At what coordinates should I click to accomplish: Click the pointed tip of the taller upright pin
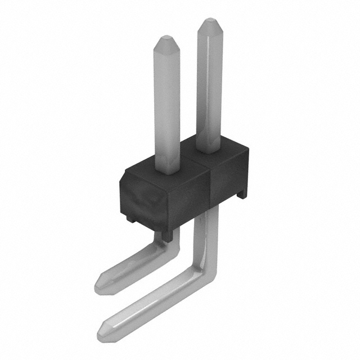tap(208, 22)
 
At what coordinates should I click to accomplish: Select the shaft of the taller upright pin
tap(208, 84)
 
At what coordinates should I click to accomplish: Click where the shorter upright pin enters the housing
tap(168, 169)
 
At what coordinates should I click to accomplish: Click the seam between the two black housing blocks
tap(210, 180)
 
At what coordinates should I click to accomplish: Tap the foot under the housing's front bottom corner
tap(165, 236)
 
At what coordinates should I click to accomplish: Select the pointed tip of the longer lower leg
tap(103, 327)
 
